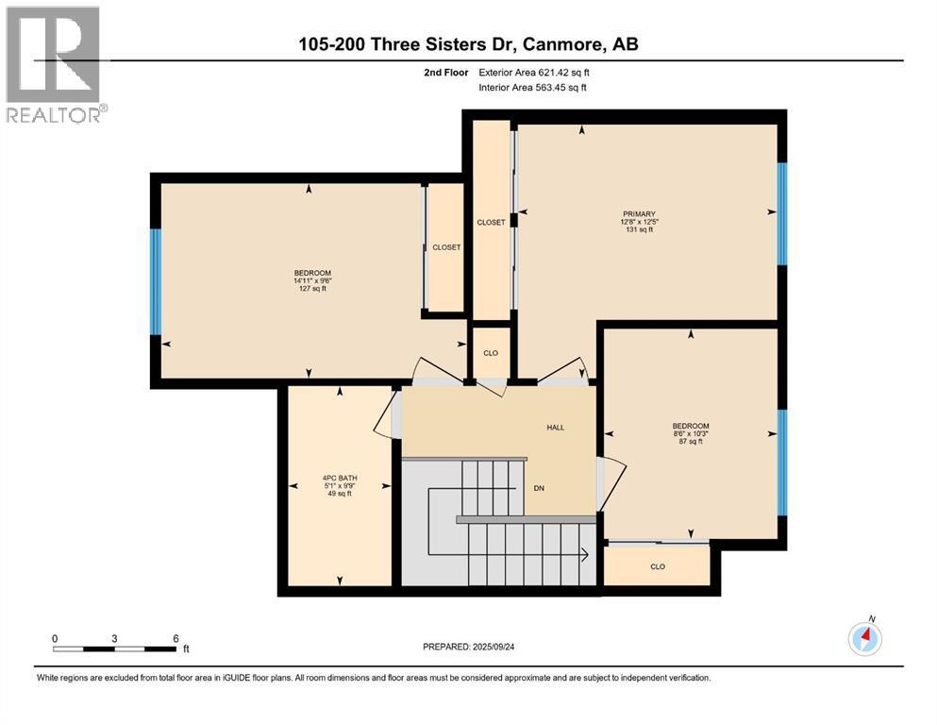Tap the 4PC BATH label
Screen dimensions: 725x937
(x=340, y=478)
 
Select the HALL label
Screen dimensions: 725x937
(x=556, y=428)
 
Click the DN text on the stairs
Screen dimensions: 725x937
(x=539, y=488)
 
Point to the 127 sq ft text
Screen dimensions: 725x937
(x=312, y=289)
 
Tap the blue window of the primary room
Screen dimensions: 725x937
(x=781, y=214)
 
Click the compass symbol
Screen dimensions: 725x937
(x=865, y=639)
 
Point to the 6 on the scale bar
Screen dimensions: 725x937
(x=176, y=638)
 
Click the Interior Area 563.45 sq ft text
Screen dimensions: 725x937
(x=535, y=88)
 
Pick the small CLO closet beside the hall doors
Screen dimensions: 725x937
(x=491, y=353)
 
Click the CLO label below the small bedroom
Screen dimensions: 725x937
(x=658, y=567)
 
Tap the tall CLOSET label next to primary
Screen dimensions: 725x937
(x=491, y=223)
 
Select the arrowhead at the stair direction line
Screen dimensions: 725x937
(x=586, y=555)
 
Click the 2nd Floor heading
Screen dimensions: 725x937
(x=446, y=72)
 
